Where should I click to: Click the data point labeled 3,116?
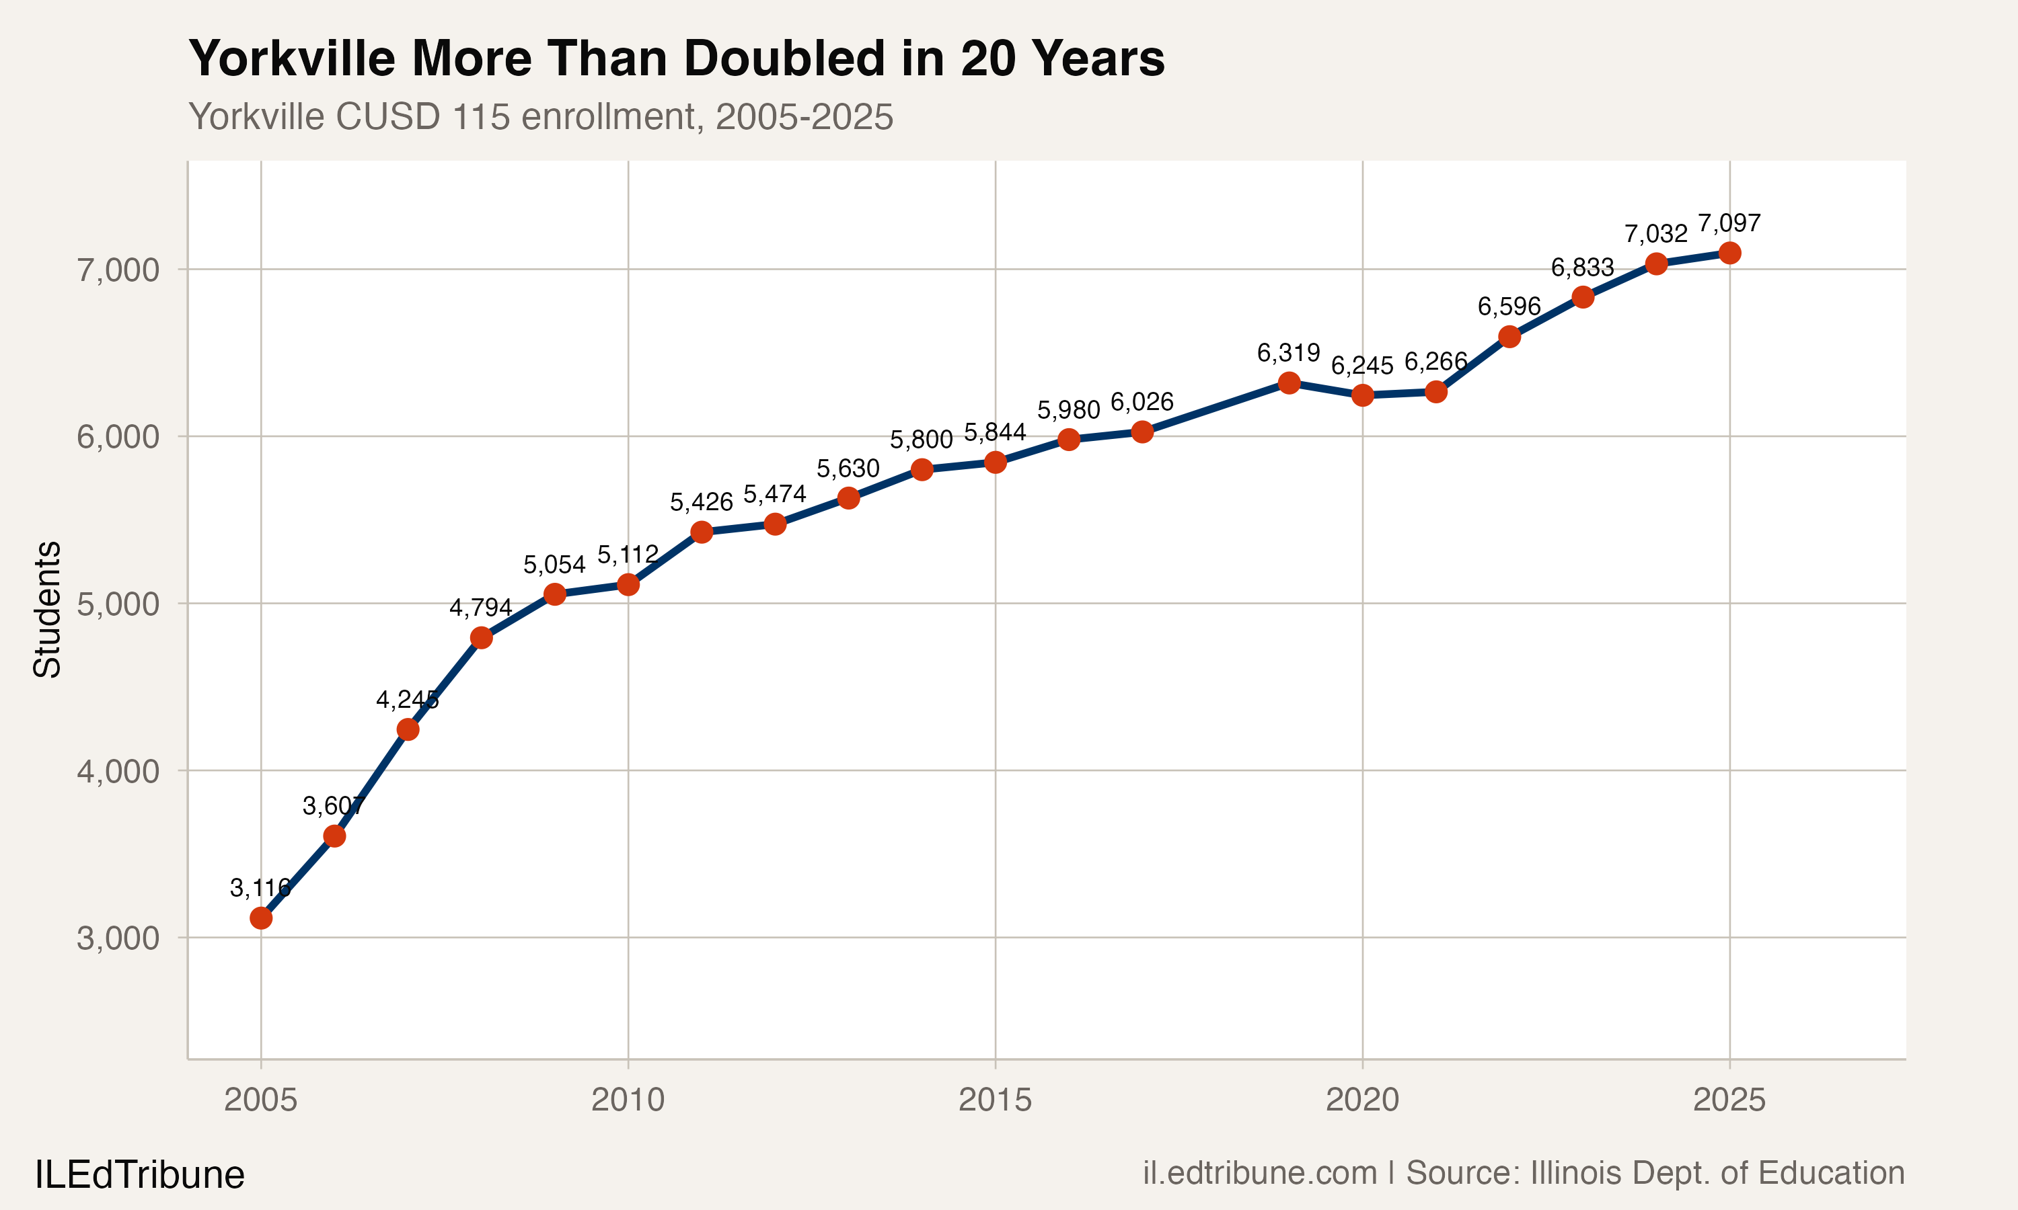[261, 918]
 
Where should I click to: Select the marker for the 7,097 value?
[1729, 253]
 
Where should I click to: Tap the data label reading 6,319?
[1288, 353]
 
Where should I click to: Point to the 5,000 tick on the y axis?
[118, 604]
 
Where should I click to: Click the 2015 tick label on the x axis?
[994, 1100]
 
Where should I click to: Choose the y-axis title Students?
[47, 609]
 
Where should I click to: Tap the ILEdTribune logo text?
[139, 1175]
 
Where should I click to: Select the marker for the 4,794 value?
[481, 638]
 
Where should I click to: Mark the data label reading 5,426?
[701, 502]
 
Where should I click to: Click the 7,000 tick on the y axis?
[118, 270]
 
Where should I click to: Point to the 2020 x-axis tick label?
[1361, 1100]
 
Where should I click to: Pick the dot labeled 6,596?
[1509, 337]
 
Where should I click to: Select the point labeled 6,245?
[1362, 395]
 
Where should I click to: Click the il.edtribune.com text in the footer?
[1259, 1173]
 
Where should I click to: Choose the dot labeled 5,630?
[848, 498]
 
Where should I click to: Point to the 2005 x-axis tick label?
[260, 1100]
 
